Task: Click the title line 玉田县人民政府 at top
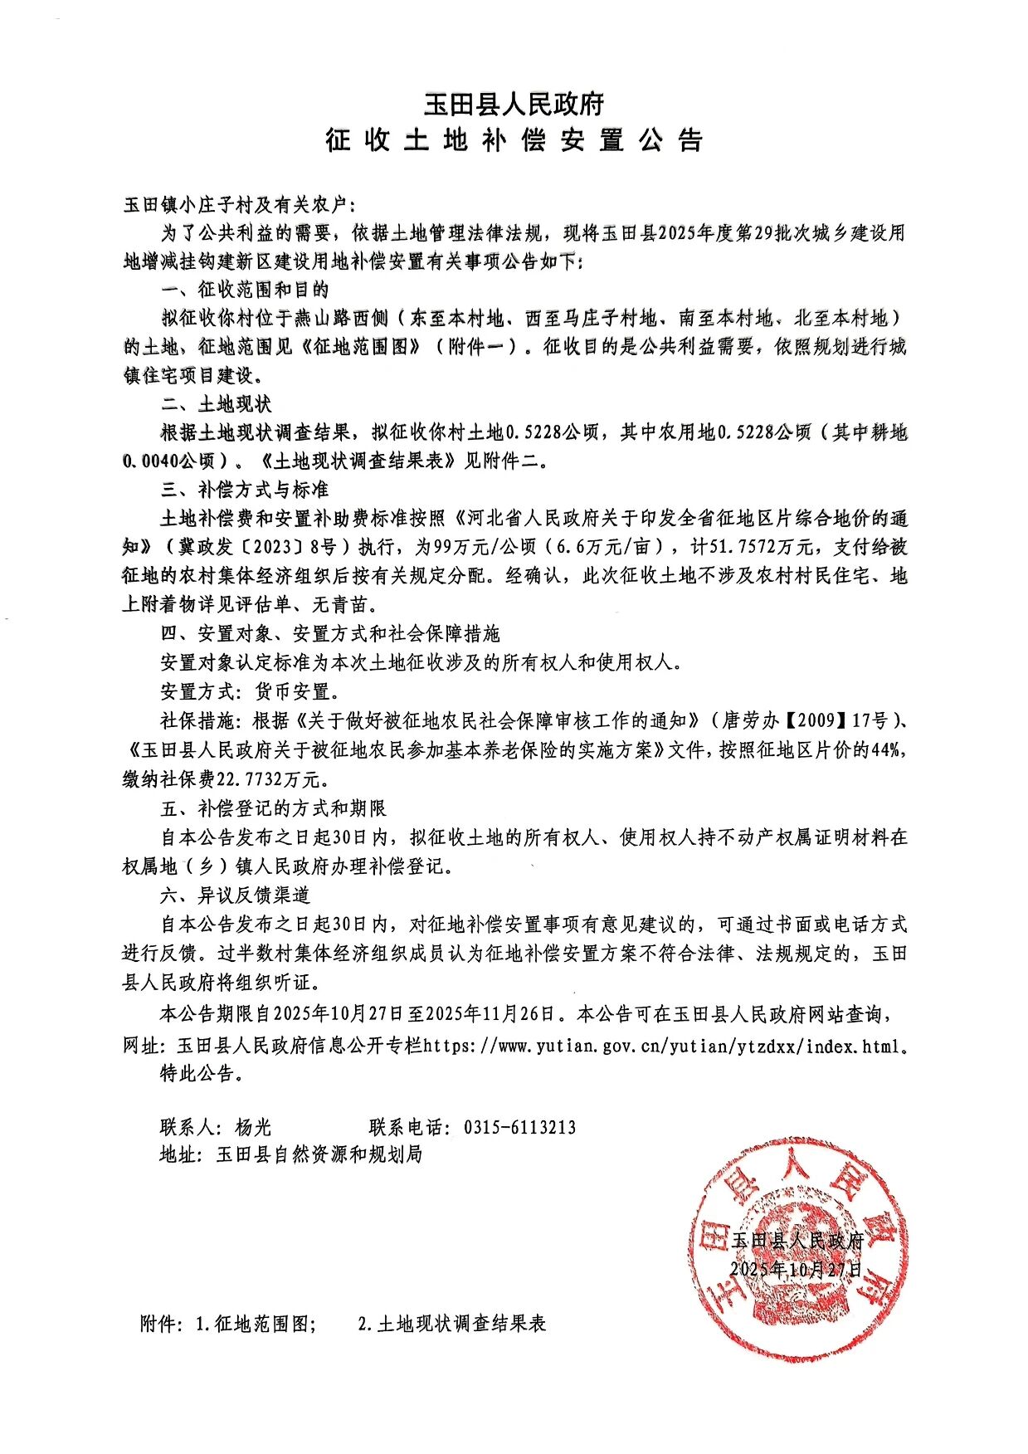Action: (x=514, y=105)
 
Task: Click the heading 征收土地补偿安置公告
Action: (x=514, y=140)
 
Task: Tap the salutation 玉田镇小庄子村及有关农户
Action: (x=239, y=205)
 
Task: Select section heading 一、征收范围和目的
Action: (x=245, y=290)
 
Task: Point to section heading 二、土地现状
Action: (x=216, y=404)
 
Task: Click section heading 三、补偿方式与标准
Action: (x=245, y=490)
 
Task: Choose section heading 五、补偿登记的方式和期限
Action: (x=273, y=808)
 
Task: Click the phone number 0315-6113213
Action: (x=519, y=1127)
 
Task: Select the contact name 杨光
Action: (x=253, y=1127)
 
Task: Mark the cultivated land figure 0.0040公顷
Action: (x=170, y=461)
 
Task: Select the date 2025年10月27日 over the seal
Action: (x=796, y=1270)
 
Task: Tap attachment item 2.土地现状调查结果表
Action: (x=452, y=1324)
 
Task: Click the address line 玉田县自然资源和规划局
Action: (x=319, y=1154)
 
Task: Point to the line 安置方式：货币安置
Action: (x=250, y=691)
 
